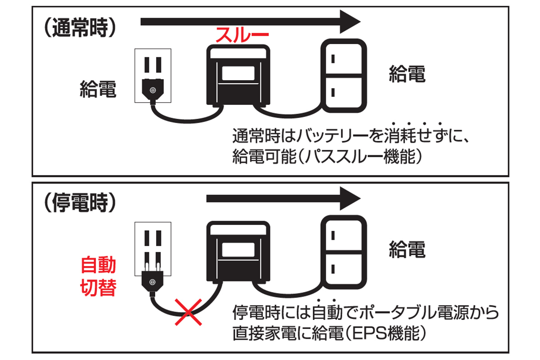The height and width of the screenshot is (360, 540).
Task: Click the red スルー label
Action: click(242, 35)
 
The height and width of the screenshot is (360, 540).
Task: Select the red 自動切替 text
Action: click(98, 276)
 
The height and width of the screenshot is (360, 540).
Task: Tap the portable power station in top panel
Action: click(238, 76)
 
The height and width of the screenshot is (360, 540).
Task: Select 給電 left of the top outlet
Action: click(98, 90)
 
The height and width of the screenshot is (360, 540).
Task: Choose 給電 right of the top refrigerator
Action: click(407, 74)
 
